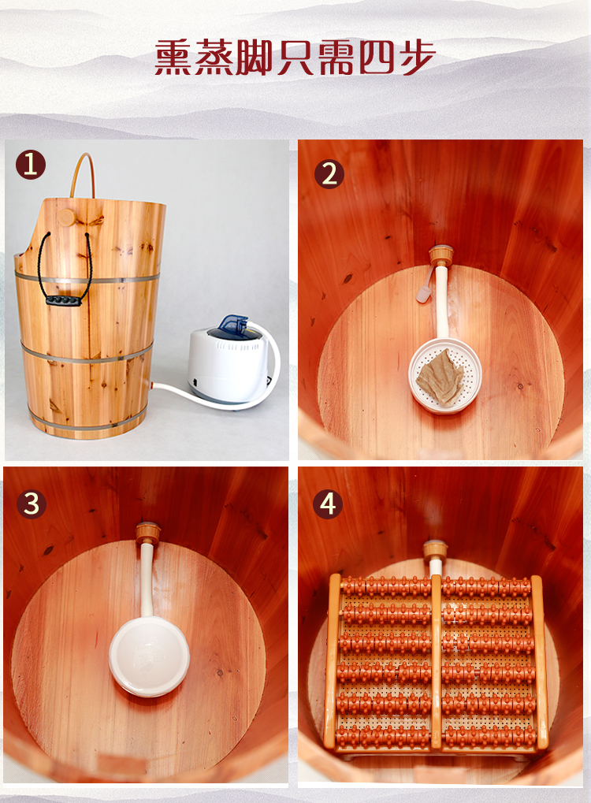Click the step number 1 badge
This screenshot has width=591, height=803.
(x=31, y=165)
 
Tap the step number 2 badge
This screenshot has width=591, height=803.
(x=329, y=174)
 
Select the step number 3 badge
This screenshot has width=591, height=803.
(x=32, y=504)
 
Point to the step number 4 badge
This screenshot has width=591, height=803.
(x=328, y=504)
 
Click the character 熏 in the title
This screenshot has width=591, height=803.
(x=173, y=57)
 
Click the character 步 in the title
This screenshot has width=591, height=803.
(x=418, y=57)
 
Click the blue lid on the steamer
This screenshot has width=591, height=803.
(x=233, y=325)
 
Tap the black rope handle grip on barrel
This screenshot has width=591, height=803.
(x=64, y=301)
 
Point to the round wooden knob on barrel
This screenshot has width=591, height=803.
(x=66, y=217)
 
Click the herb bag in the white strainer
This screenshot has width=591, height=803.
(x=440, y=378)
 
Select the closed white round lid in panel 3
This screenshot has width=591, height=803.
(x=149, y=656)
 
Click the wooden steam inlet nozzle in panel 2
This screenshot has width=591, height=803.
(x=441, y=255)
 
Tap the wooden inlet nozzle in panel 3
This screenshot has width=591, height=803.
(x=147, y=533)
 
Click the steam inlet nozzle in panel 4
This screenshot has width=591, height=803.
(x=435, y=551)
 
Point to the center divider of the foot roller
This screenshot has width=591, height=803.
(x=437, y=663)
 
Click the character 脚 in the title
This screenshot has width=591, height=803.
(x=254, y=57)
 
